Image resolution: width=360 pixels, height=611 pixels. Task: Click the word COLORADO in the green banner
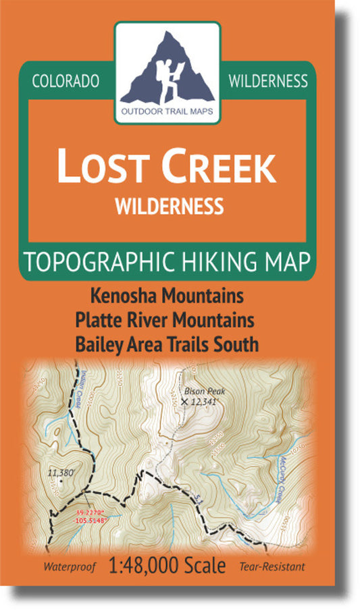66,81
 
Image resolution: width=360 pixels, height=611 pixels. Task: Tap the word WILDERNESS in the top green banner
268,81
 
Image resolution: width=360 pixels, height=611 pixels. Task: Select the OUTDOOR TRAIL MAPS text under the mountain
168,112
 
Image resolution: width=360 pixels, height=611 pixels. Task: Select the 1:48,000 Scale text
167,566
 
